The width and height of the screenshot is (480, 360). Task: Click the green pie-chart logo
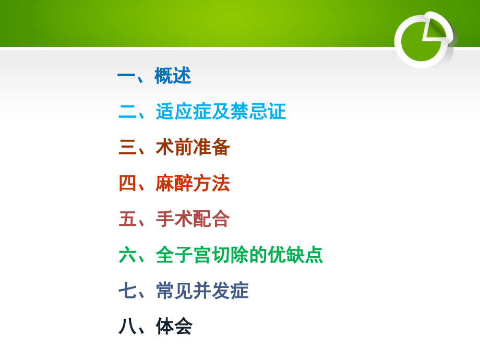[x=424, y=40]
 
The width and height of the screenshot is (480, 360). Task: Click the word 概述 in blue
[x=173, y=76]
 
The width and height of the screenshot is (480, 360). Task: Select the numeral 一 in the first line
[x=126, y=76]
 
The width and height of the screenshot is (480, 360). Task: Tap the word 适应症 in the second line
[x=183, y=112]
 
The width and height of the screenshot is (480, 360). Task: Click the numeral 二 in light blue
[x=127, y=112]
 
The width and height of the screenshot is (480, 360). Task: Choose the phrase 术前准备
[x=193, y=148]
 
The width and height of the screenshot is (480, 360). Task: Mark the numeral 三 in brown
[x=127, y=148]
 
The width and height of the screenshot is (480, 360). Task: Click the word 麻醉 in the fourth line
[x=174, y=183]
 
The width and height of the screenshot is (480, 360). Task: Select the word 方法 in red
[x=211, y=183]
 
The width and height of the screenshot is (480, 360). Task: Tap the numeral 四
[x=127, y=183]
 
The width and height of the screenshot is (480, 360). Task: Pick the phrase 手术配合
[x=193, y=219]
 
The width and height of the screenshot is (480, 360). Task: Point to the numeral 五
[x=127, y=219]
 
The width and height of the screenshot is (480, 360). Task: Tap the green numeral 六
[x=127, y=255]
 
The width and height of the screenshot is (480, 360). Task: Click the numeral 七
[x=127, y=291]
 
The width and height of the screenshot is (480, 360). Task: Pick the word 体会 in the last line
[x=174, y=327]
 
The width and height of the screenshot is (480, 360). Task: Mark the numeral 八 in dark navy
[x=127, y=327]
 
